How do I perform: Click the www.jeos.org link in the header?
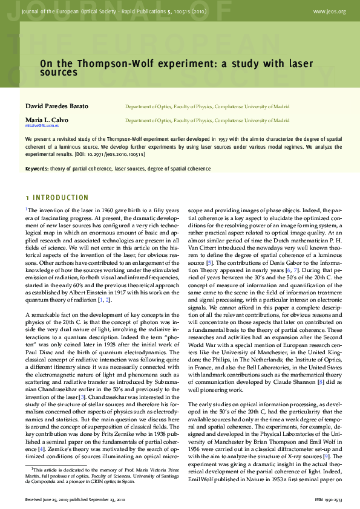330,11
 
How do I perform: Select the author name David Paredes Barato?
57,106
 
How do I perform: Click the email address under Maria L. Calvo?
42,126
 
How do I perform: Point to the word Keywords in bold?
36,168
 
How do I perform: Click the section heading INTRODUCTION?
60,198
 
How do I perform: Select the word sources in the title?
59,73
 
